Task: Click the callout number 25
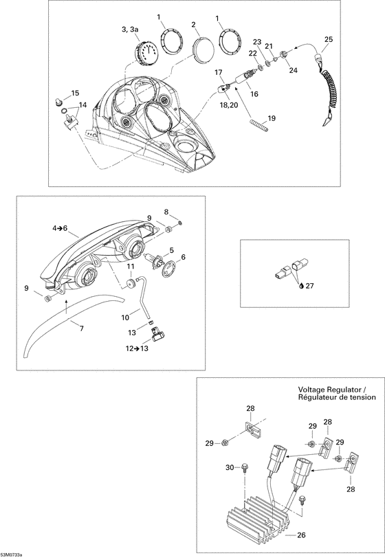(x=328, y=39)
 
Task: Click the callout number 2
(x=195, y=25)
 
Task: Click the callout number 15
(x=75, y=93)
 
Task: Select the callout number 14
(x=82, y=105)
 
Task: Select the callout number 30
(x=230, y=467)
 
